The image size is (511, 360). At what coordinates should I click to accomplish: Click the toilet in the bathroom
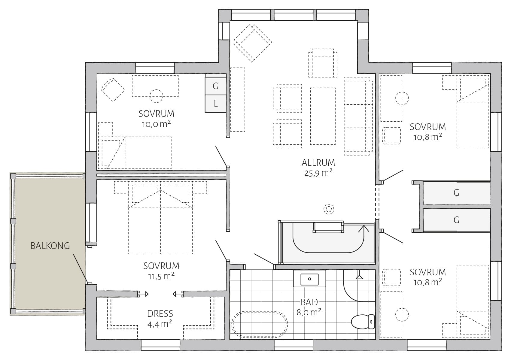point(363,322)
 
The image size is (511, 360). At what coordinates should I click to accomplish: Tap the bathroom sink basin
point(309,279)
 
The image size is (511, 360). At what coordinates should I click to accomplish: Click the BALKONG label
point(50,246)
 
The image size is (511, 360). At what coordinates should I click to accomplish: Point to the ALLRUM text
point(318,163)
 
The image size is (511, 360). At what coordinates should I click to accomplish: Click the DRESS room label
point(160,314)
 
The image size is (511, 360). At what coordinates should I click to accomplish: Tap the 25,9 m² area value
point(318,173)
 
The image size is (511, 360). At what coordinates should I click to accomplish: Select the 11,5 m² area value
point(161,276)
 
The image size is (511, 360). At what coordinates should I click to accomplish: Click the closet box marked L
point(215,104)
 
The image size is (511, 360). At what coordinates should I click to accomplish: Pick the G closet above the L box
point(215,86)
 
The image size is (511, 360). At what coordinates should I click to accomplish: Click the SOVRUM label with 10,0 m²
point(156,113)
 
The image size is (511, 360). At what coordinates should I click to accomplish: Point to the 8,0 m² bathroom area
point(309,312)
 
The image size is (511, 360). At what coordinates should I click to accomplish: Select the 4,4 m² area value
point(160,324)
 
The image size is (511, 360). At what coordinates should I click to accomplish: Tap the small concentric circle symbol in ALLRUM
point(329,209)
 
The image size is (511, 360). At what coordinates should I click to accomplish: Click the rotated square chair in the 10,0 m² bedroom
point(113,89)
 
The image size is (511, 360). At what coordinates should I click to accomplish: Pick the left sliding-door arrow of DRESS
point(143,294)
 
